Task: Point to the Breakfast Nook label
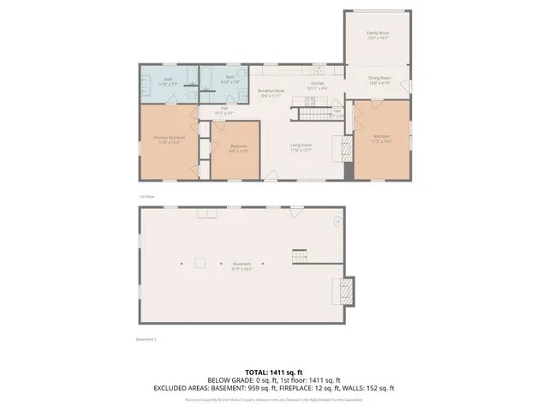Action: pyautogui.click(x=271, y=92)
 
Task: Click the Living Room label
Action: pyautogui.click(x=300, y=147)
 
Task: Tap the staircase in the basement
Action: pyautogui.click(x=299, y=255)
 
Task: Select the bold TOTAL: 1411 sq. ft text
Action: pyautogui.click(x=274, y=372)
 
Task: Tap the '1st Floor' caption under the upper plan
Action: pyautogui.click(x=146, y=196)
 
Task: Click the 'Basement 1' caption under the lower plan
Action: pyautogui.click(x=146, y=339)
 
